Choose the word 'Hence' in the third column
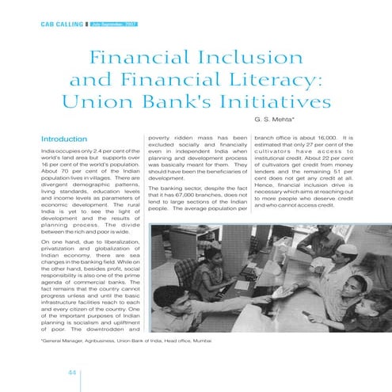[265, 181]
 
